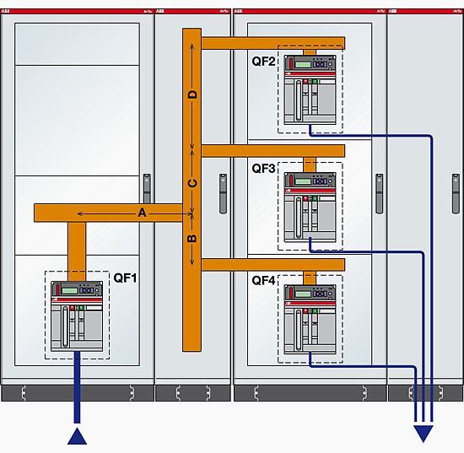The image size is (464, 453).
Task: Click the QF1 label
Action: (125, 277)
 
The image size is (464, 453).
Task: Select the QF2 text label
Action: (264, 62)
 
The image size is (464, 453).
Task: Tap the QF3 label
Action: (264, 169)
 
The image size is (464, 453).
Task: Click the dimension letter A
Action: (143, 214)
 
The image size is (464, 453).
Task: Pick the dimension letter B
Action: (192, 240)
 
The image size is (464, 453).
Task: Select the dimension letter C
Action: (192, 183)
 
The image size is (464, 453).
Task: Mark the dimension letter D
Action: (192, 94)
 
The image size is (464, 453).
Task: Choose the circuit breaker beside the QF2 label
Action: (310, 87)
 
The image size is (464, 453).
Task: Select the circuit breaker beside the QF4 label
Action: (310, 318)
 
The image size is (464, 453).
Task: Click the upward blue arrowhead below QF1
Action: (78, 435)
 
